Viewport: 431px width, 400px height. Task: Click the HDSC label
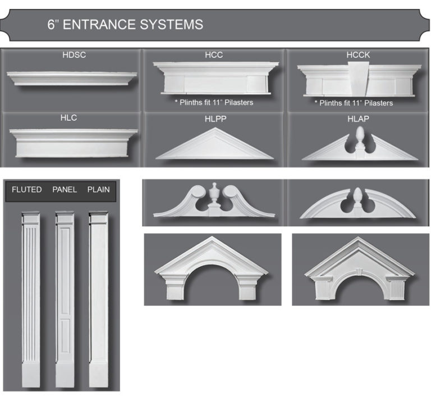tap(74, 55)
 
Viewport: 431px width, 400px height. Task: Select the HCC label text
tap(214, 55)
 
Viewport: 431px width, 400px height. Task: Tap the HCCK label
tap(358, 55)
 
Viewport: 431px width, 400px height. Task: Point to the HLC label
tap(68, 118)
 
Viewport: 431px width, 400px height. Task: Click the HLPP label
tap(214, 119)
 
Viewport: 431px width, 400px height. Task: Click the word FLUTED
tap(27, 190)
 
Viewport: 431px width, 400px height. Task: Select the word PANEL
tap(65, 190)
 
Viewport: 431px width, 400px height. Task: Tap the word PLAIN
tap(98, 190)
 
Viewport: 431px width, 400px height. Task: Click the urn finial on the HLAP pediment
tap(359, 138)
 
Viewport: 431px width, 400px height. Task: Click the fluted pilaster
tap(31, 298)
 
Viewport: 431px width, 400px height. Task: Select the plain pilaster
tap(98, 298)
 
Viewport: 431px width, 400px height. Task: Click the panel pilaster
tap(65, 298)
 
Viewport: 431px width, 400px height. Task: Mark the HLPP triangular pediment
tap(214, 146)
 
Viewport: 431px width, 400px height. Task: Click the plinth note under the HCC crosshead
tap(214, 102)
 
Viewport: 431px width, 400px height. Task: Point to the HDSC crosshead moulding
tap(73, 78)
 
